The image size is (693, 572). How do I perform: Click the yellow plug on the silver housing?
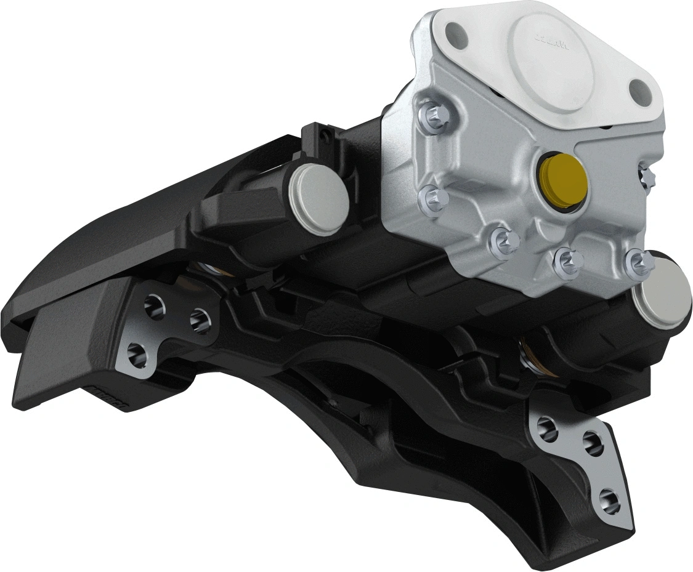[560, 179]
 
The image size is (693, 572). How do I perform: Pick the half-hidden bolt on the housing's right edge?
[647, 177]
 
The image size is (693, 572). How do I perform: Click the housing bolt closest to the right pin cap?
[636, 264]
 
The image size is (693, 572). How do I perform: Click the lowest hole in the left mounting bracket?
[137, 353]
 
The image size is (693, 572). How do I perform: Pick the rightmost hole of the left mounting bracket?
[198, 318]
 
